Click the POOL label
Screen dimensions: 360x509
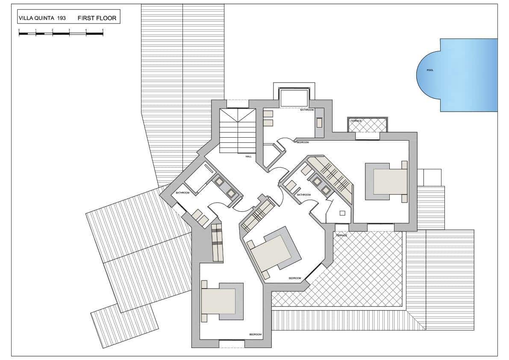[430, 70]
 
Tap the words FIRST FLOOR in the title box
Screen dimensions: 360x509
[97, 18]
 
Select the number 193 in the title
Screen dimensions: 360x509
[61, 18]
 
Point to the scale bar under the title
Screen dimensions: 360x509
[61, 33]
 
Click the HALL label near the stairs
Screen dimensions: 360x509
[248, 156]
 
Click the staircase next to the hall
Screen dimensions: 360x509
[237, 131]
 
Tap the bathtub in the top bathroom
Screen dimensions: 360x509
[294, 98]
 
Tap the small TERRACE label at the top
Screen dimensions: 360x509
[356, 121]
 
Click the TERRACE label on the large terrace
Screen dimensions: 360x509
[341, 236]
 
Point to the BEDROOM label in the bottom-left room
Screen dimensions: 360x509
[255, 334]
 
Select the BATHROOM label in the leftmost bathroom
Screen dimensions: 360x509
[182, 193]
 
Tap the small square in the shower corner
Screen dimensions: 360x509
[342, 213]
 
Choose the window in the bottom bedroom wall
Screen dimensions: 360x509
[232, 341]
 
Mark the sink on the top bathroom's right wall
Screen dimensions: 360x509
[319, 123]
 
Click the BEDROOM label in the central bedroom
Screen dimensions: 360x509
[295, 278]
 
